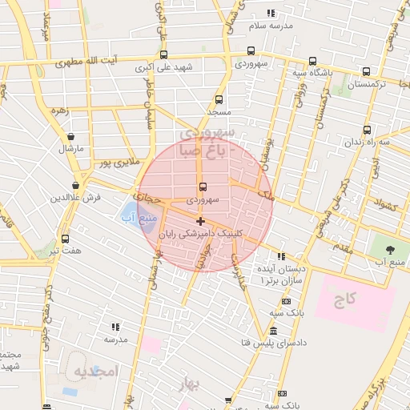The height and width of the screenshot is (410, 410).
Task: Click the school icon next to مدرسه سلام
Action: [270, 13]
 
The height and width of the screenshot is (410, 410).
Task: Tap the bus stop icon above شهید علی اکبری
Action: [164, 55]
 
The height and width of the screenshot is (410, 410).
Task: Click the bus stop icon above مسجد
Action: [219, 101]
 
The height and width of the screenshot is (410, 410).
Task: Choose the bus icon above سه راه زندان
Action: [367, 130]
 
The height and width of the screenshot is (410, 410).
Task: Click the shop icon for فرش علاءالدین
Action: [77, 184]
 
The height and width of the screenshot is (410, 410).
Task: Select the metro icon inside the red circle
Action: [201, 183]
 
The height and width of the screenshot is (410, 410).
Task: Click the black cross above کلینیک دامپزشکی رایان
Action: [199, 221]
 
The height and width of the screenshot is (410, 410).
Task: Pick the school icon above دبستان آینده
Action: [280, 258]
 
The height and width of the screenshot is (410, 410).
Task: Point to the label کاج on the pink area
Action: [346, 299]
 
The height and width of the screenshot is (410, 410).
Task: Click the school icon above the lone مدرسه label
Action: [115, 327]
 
